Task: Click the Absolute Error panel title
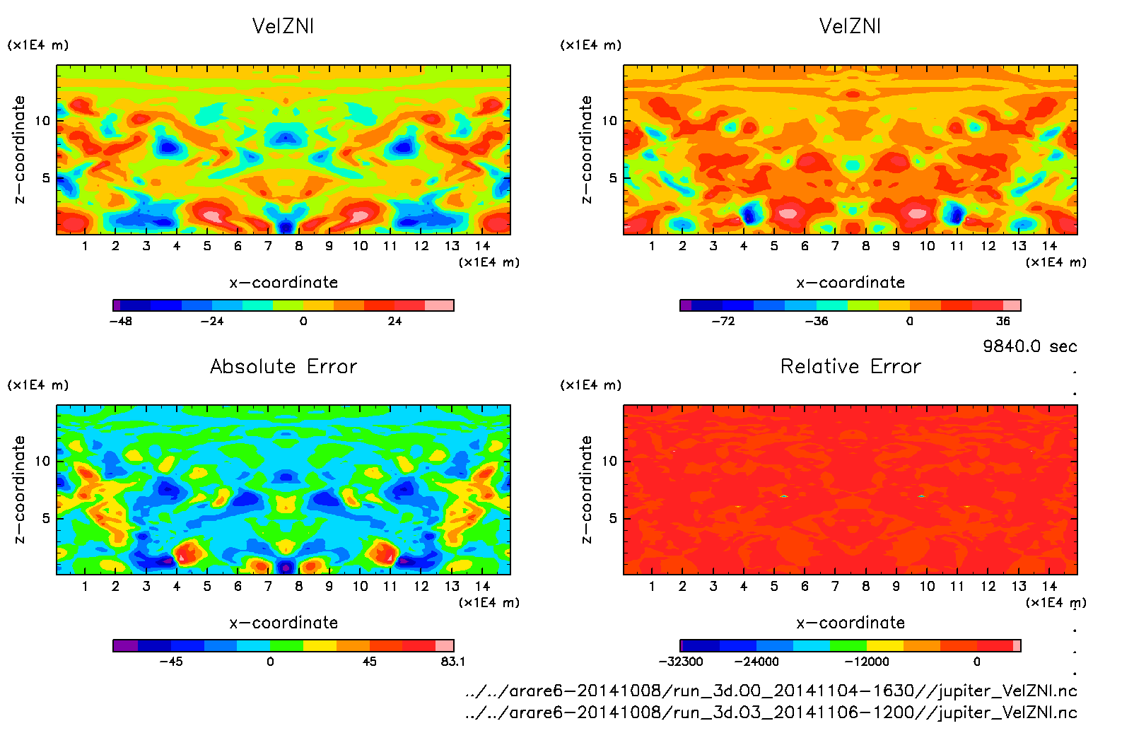coord(283,366)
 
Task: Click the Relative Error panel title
coord(850,366)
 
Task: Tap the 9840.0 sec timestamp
coord(1029,346)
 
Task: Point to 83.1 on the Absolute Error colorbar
coord(452,662)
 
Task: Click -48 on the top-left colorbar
coord(120,321)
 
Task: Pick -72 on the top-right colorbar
coord(723,321)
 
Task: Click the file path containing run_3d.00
coord(771,691)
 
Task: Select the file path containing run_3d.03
coord(771,712)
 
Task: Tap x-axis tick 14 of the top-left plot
coord(482,246)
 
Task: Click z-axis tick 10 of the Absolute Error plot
coord(42,461)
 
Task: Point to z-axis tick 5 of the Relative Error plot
coord(613,518)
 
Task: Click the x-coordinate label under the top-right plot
coord(850,283)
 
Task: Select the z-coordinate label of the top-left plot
coord(19,150)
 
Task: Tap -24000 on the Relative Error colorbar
coord(756,662)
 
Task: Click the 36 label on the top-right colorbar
coord(1003,321)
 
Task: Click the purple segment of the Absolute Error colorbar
coord(125,645)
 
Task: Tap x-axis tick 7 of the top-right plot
coord(835,246)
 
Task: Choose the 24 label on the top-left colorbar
coord(394,321)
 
